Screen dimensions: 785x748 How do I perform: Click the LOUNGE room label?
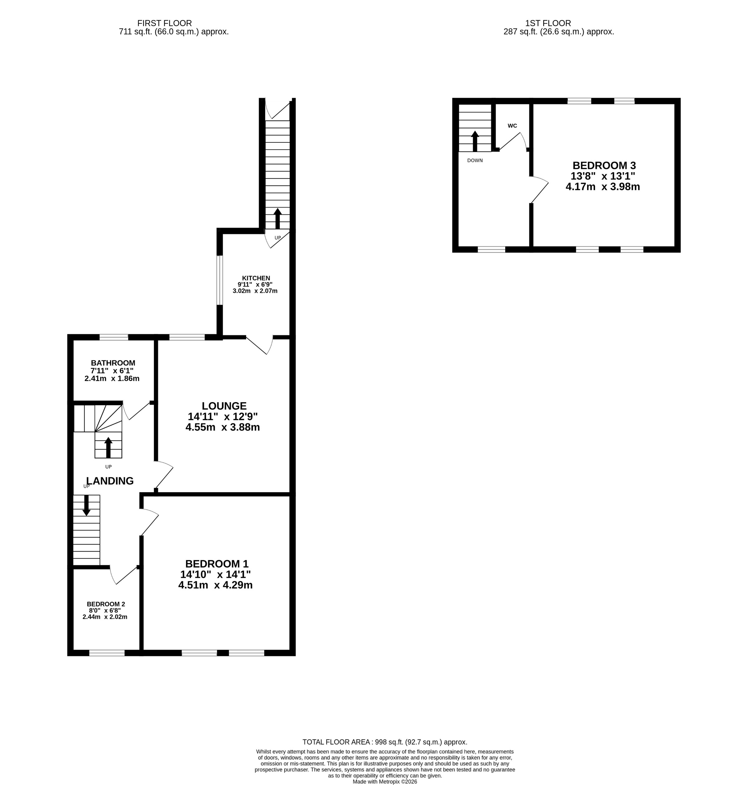(224, 406)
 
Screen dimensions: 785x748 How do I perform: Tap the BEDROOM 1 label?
(217, 564)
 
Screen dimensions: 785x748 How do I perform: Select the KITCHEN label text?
(256, 278)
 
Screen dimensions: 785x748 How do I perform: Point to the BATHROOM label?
(113, 363)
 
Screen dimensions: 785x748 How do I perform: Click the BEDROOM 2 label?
(106, 604)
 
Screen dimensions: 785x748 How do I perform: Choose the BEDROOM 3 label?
(604, 165)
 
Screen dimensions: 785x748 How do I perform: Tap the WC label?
(512, 126)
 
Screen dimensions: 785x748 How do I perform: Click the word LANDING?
(110, 481)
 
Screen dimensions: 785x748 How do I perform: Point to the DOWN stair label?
(475, 161)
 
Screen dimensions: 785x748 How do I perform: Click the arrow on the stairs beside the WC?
(475, 141)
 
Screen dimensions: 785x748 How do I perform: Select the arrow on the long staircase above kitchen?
(277, 218)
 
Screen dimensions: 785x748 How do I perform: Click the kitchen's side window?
(220, 280)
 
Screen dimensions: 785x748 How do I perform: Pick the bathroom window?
(114, 337)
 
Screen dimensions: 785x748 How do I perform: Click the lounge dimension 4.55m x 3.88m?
(223, 428)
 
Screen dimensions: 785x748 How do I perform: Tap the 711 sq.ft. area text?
(174, 32)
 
